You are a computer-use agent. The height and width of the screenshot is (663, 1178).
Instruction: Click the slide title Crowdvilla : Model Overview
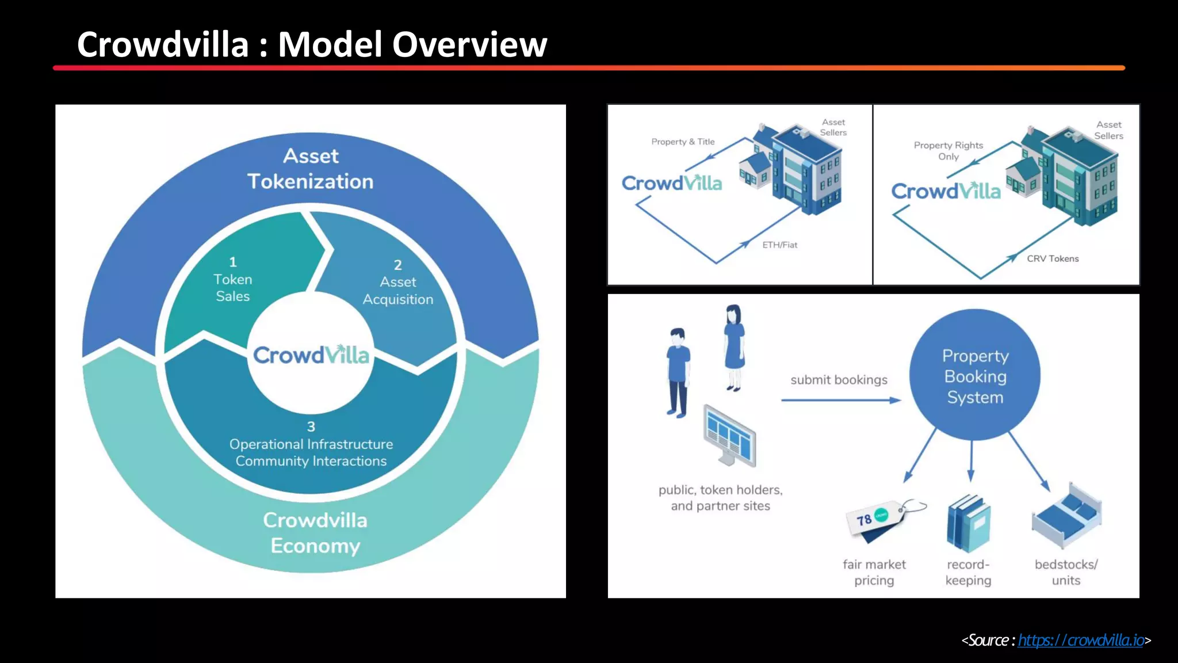tap(312, 45)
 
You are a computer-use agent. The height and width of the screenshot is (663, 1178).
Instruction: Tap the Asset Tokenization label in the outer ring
tap(311, 169)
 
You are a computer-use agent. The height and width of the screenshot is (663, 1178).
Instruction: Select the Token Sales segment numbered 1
tap(233, 280)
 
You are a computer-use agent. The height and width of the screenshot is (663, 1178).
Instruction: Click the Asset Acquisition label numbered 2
tap(398, 291)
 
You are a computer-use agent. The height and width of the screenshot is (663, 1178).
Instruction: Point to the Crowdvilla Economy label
tap(315, 532)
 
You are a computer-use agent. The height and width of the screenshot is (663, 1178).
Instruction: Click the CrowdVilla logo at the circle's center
tap(311, 355)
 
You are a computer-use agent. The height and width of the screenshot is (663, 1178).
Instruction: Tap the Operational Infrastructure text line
tap(311, 444)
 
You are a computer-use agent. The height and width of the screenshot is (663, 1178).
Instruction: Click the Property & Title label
tap(683, 142)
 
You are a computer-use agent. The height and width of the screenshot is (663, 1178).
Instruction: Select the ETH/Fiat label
tap(779, 245)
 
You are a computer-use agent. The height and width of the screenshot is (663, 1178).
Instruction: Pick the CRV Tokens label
tap(1053, 258)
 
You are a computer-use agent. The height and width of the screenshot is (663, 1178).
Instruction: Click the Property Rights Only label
tap(948, 151)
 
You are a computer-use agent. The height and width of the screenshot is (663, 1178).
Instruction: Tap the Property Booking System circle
tap(975, 376)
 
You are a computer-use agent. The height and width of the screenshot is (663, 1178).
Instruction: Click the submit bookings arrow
tap(840, 400)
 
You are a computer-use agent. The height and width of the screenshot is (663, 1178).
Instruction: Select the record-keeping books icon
tap(969, 524)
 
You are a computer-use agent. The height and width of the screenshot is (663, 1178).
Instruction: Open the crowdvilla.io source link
tap(1081, 640)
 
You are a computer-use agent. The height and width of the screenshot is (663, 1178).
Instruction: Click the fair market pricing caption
tap(874, 572)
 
